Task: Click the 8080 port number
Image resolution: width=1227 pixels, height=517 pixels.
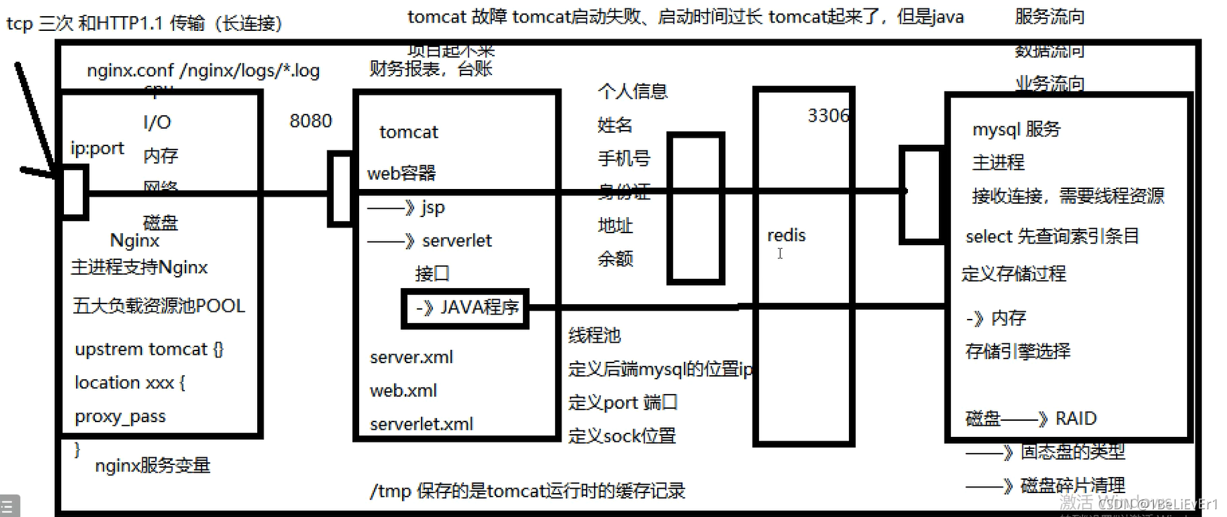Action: (311, 121)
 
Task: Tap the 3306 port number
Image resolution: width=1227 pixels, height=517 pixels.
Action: (828, 115)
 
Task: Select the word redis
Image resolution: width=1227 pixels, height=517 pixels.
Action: (786, 235)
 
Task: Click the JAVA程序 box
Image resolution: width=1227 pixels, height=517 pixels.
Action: (465, 308)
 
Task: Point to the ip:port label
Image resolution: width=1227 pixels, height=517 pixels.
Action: (97, 148)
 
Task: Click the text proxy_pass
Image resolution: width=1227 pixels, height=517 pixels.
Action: (120, 417)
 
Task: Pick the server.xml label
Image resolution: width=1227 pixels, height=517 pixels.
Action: (411, 357)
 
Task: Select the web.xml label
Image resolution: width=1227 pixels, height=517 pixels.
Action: (403, 391)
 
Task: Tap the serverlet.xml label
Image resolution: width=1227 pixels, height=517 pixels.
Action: (421, 424)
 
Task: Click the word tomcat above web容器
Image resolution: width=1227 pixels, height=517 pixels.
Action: (408, 132)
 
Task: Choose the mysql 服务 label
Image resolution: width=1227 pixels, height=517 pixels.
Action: (1016, 129)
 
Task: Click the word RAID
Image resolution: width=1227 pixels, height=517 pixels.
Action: (1076, 419)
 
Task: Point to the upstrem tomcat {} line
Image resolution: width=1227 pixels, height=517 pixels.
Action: (149, 349)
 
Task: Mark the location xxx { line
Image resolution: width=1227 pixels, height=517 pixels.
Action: (130, 383)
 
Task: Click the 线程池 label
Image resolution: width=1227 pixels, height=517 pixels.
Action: (595, 335)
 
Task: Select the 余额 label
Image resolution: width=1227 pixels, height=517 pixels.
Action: (616, 258)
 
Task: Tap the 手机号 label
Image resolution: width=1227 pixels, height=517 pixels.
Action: (624, 158)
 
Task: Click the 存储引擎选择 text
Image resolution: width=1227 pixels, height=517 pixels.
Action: (1018, 351)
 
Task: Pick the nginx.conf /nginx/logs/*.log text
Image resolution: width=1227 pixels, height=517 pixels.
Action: (203, 70)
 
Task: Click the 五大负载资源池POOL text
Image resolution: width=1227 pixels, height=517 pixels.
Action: (159, 306)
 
